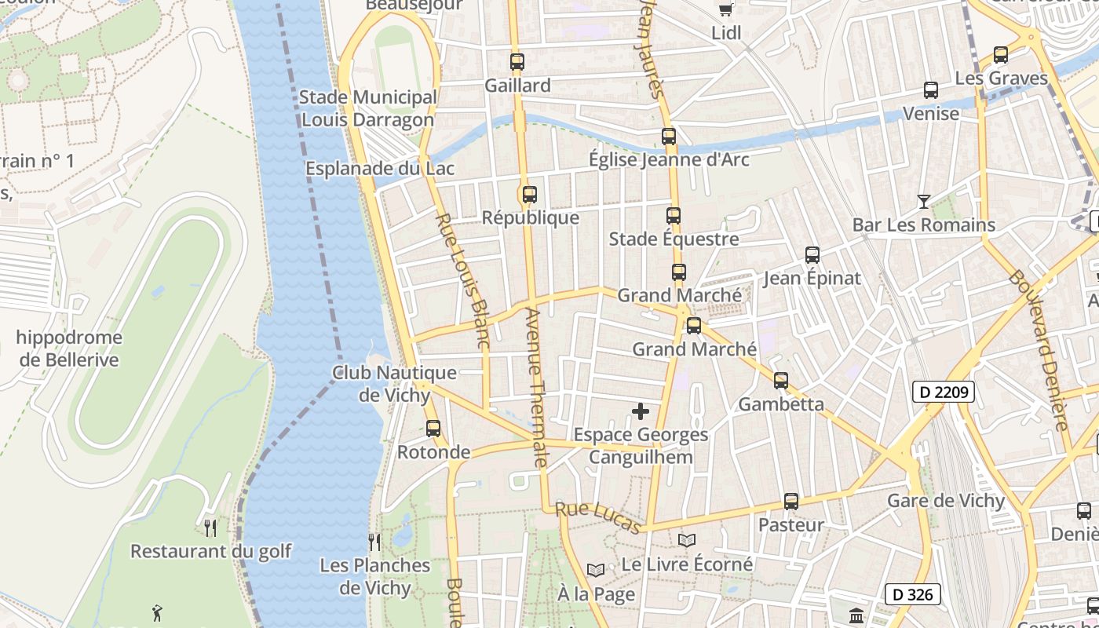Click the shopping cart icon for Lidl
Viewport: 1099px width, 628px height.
[x=726, y=9]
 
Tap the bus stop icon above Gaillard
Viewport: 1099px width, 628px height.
[x=517, y=62]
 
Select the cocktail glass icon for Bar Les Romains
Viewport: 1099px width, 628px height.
[x=923, y=202]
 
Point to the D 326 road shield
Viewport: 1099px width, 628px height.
[x=912, y=594]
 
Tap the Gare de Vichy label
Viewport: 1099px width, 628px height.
[x=945, y=501]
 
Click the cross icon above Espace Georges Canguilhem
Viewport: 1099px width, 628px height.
[x=641, y=411]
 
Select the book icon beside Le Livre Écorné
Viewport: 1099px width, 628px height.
[x=686, y=541]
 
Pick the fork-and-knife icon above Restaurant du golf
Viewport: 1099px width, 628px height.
[x=210, y=528]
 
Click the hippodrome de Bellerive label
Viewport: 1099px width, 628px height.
[x=69, y=349]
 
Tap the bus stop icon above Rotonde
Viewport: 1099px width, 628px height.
[x=433, y=429]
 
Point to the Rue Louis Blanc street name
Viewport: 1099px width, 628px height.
[x=463, y=281]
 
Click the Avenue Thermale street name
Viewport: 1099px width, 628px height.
[x=535, y=387]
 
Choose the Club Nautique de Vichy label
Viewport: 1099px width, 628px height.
[x=394, y=383]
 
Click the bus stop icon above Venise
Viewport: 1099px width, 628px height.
[x=930, y=90]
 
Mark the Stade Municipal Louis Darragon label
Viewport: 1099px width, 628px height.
[x=367, y=108]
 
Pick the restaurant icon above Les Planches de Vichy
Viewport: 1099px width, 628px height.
[x=374, y=542]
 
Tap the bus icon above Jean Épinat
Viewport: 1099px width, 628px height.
[x=812, y=255]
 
